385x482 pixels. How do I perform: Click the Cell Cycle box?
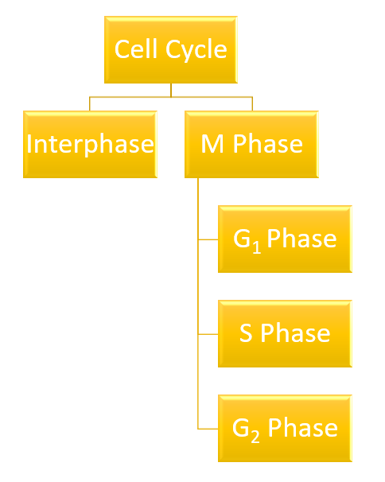171,50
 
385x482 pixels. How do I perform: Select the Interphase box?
90,145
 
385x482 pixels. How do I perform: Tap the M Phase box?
251,145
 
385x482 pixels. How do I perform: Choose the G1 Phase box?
285,239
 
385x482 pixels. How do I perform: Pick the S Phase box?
285,334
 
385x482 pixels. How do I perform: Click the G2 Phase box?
285,429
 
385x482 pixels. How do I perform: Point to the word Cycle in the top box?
196,50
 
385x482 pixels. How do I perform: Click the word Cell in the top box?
136,49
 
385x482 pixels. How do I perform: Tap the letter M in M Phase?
212,144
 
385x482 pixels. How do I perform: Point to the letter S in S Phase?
246,333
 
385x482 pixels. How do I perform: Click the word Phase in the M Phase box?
268,143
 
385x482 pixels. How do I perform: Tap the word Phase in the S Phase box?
296,332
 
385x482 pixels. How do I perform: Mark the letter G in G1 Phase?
242,239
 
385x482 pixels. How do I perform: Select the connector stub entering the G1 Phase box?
208,239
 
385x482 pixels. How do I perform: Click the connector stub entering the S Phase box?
208,334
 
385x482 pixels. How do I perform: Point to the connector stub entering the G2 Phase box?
208,429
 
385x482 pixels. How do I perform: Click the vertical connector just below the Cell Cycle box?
171,90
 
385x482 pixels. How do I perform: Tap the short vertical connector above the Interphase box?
89,104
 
